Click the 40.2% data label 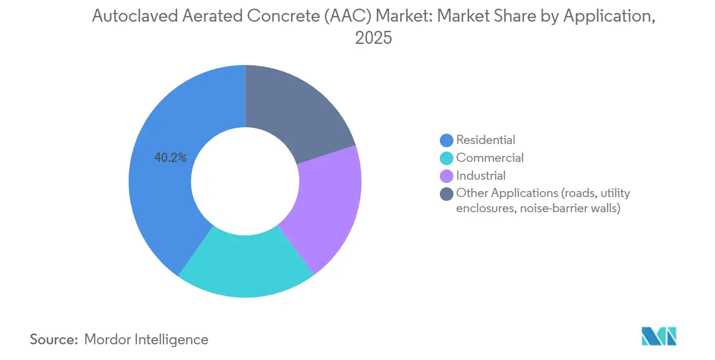point(171,158)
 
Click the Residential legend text point(486,140)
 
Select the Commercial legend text point(490,158)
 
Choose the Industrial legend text point(481,176)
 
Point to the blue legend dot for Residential point(447,141)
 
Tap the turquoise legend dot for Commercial point(447,159)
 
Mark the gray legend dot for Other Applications point(447,194)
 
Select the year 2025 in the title point(373,38)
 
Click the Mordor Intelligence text point(146,340)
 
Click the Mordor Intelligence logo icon point(659,336)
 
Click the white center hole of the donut point(245,182)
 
